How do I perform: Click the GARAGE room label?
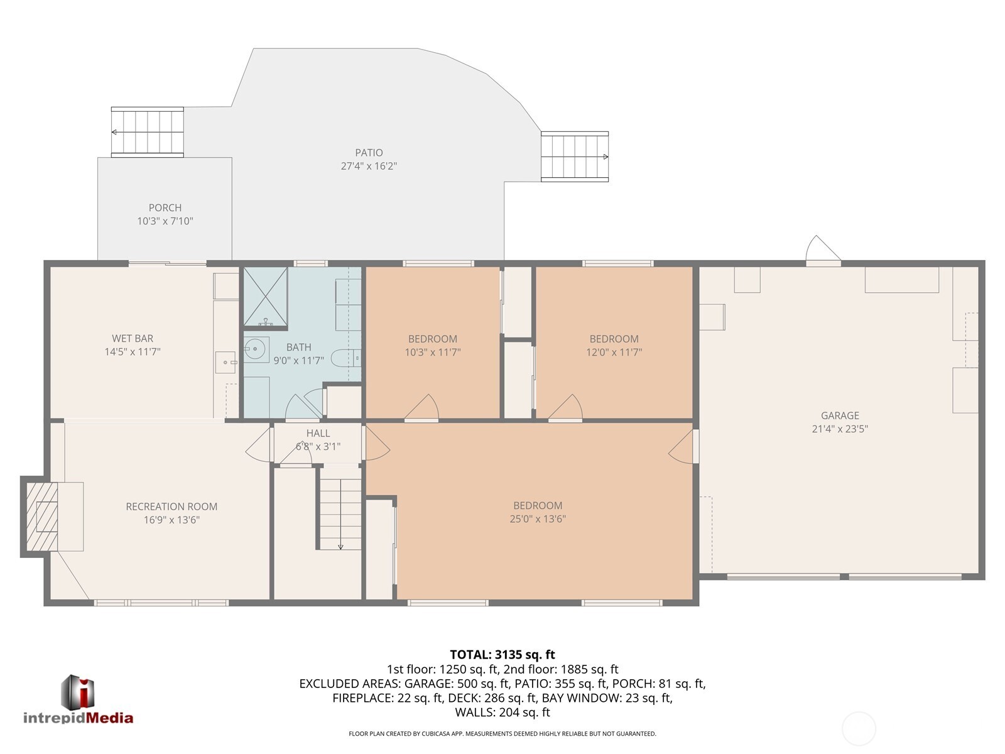tap(840, 415)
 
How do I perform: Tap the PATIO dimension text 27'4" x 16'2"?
tap(369, 166)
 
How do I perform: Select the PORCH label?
tap(165, 207)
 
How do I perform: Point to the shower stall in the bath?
tap(266, 297)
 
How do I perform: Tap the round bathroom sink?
tap(255, 350)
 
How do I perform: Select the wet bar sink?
tap(225, 362)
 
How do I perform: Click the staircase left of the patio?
tap(148, 132)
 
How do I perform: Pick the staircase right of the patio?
tap(575, 156)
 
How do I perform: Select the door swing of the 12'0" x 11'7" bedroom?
tap(567, 408)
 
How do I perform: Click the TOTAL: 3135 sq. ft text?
tap(502, 655)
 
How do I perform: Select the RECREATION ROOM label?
tap(171, 506)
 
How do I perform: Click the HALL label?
tap(318, 433)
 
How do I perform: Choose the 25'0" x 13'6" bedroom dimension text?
tap(538, 519)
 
